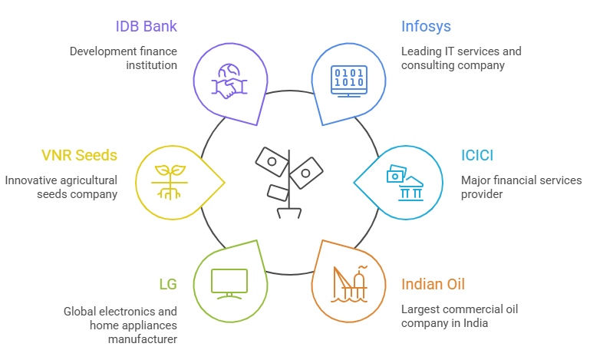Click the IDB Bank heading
point(146,26)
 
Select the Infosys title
point(426,27)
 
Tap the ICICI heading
point(477,156)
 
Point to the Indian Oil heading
point(433,284)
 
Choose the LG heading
point(168,284)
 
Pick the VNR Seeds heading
point(79,156)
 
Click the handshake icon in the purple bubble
point(229,81)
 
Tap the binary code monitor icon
point(349,81)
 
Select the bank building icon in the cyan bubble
point(405,183)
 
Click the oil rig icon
point(349,284)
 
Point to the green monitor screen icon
point(229,284)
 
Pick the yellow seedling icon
point(170,182)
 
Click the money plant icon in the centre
point(289,183)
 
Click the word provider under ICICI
point(482,194)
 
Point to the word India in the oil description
point(476,323)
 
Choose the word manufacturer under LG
point(143,339)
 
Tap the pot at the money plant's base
point(289,213)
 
